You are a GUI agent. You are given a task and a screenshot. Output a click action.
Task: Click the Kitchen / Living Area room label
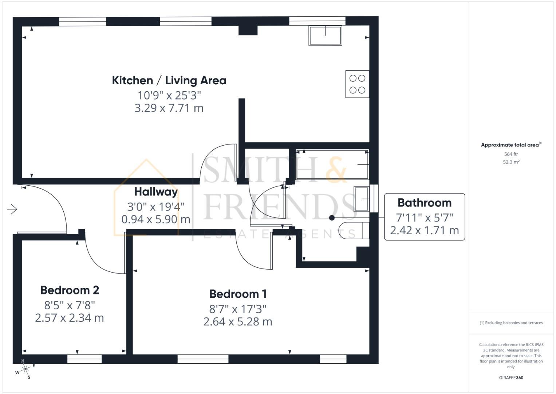pyautogui.click(x=169, y=80)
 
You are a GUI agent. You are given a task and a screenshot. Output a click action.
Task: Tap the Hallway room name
pyautogui.click(x=156, y=192)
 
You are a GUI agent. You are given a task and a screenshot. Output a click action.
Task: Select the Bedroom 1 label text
pyautogui.click(x=238, y=294)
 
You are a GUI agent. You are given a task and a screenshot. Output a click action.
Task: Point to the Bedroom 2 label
pyautogui.click(x=70, y=290)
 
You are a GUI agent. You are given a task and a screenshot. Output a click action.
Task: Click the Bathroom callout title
pyautogui.click(x=424, y=202)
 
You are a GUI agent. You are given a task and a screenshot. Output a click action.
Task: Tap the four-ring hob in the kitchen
pyautogui.click(x=357, y=84)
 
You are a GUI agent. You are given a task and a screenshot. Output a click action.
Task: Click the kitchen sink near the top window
pyautogui.click(x=325, y=35)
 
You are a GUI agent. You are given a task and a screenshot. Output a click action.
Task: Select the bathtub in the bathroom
pyautogui.click(x=332, y=164)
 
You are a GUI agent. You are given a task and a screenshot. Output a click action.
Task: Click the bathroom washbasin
pyautogui.click(x=362, y=199)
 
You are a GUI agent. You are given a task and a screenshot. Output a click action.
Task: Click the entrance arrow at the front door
pyautogui.click(x=12, y=209)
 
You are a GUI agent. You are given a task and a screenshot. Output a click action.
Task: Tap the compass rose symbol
pyautogui.click(x=25, y=370)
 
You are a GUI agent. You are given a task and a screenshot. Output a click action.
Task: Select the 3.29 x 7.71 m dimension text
pyautogui.click(x=169, y=108)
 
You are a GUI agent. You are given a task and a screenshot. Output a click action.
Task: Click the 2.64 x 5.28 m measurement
pyautogui.click(x=238, y=321)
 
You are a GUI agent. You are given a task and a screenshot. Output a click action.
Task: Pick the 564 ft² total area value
pyautogui.click(x=511, y=154)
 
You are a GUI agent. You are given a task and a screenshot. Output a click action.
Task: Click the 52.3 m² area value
pyautogui.click(x=511, y=162)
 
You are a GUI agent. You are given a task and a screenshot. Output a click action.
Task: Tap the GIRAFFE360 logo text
pyautogui.click(x=511, y=378)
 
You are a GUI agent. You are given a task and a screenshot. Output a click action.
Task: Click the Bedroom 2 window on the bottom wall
pyautogui.click(x=84, y=359)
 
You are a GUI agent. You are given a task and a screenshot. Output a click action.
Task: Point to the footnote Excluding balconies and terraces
pyautogui.click(x=511, y=323)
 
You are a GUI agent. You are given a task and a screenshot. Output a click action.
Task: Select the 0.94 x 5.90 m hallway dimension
pyautogui.click(x=156, y=219)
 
